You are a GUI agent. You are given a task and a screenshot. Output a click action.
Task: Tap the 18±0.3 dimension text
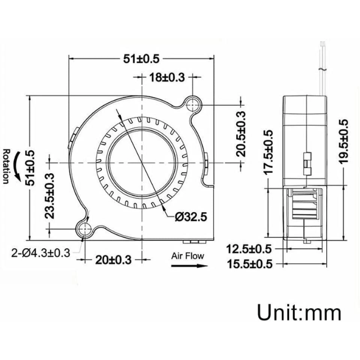(x=166, y=78)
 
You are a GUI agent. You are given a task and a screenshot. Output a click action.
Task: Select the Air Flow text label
(x=188, y=256)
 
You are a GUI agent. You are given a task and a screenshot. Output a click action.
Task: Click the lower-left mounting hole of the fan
(x=85, y=228)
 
